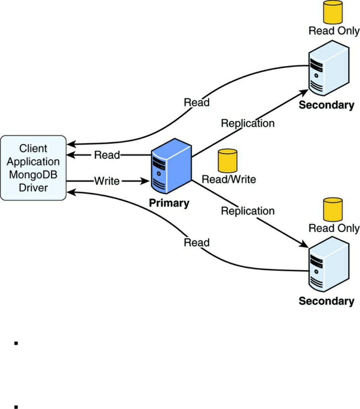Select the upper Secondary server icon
(328, 68)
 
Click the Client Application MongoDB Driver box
(33, 168)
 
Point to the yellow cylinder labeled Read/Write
(228, 160)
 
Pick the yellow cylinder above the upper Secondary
(333, 12)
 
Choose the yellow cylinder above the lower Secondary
(333, 209)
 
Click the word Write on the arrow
(107, 181)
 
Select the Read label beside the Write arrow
(107, 155)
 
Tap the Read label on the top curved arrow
(197, 103)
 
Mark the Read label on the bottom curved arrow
(197, 242)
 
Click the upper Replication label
(248, 124)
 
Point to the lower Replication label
(248, 211)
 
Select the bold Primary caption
(169, 203)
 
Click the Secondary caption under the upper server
(326, 105)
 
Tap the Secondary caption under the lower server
(326, 301)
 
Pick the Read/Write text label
(229, 179)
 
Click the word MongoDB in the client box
(33, 174)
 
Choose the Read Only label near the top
(334, 31)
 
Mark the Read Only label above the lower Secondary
(334, 228)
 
